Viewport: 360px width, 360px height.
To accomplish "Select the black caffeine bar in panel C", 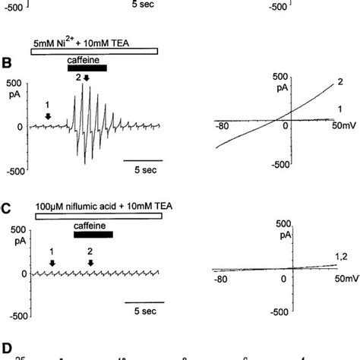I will point(93,235).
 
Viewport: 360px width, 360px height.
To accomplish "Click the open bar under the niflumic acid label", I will point(99,216).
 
